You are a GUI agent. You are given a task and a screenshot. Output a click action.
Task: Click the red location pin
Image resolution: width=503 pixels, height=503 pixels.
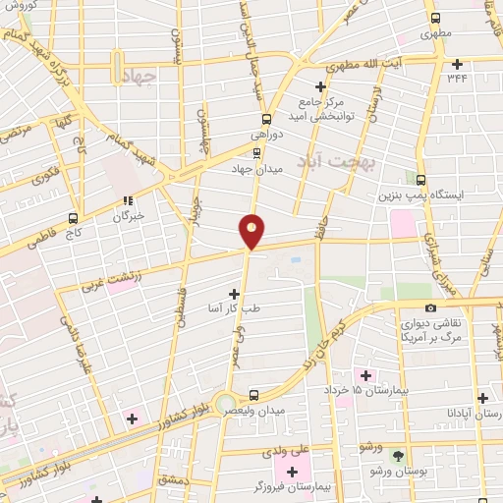click(252, 230)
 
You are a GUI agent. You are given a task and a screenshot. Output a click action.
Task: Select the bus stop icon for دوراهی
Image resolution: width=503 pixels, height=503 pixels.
click(254, 118)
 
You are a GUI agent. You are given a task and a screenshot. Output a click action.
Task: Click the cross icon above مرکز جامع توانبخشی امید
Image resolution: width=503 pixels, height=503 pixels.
click(320, 86)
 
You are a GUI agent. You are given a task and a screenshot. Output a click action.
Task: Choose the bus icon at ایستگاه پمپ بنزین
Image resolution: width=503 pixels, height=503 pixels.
click(421, 180)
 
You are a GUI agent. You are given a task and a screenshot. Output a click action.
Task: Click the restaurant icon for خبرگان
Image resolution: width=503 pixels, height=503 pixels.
click(127, 201)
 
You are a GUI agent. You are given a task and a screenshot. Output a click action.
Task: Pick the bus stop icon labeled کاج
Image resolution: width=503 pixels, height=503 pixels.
click(73, 218)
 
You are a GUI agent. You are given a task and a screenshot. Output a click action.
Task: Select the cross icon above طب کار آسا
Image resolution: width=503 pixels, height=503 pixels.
click(234, 293)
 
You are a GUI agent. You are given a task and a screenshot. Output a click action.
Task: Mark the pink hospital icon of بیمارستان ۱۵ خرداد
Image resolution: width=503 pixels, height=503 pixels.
click(366, 375)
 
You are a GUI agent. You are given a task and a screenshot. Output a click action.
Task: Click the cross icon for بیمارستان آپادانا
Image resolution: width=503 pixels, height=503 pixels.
click(482, 399)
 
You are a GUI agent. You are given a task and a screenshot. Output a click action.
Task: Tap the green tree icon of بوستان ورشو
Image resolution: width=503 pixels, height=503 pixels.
click(398, 457)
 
